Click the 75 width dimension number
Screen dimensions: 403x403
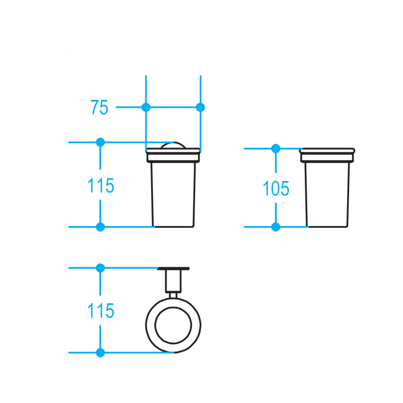tap(99, 107)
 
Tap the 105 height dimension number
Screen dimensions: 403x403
tap(276, 188)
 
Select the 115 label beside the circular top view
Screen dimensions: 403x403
tap(101, 311)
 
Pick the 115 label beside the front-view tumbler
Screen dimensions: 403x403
tap(101, 186)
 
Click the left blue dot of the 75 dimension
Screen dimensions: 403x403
tap(146, 107)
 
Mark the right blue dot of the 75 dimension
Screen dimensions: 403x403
tap(200, 107)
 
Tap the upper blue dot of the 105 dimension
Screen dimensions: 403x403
tap(276, 149)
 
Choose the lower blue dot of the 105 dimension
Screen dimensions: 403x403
tap(276, 227)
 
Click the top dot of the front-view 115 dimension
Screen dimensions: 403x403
tap(100, 142)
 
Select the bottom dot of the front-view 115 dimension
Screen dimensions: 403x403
tap(100, 227)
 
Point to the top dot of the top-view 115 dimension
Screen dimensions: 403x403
tap(100, 268)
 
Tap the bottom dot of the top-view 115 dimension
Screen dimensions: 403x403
tap(100, 353)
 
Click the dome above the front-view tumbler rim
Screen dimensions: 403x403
tap(173, 146)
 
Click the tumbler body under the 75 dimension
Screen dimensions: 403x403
tap(173, 194)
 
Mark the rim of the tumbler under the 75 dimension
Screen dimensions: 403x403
tap(173, 156)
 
